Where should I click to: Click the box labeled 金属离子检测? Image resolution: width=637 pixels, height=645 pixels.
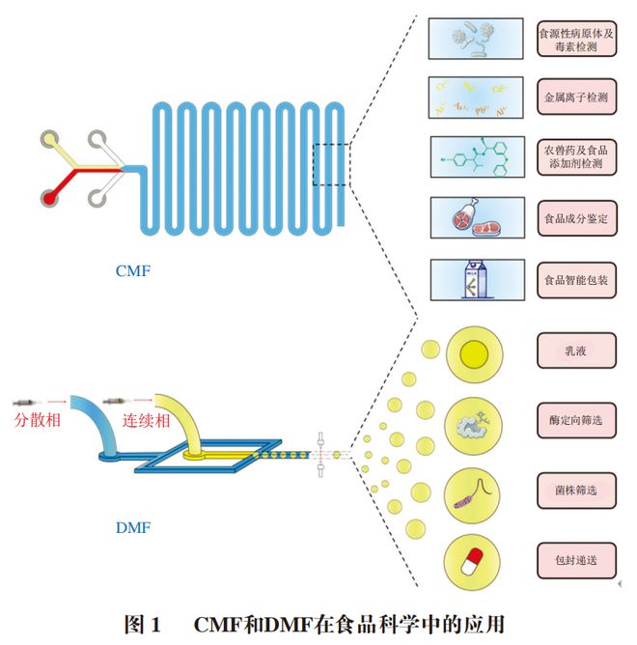pos(576,98)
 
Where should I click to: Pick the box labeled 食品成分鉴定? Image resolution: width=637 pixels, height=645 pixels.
pos(576,218)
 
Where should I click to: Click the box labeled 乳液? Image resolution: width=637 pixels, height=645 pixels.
pos(576,350)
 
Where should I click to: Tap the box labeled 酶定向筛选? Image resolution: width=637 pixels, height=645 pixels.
pos(576,422)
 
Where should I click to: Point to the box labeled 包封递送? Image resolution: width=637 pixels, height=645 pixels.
pos(576,560)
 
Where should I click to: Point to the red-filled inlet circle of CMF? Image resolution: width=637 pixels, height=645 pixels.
pos(49,198)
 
